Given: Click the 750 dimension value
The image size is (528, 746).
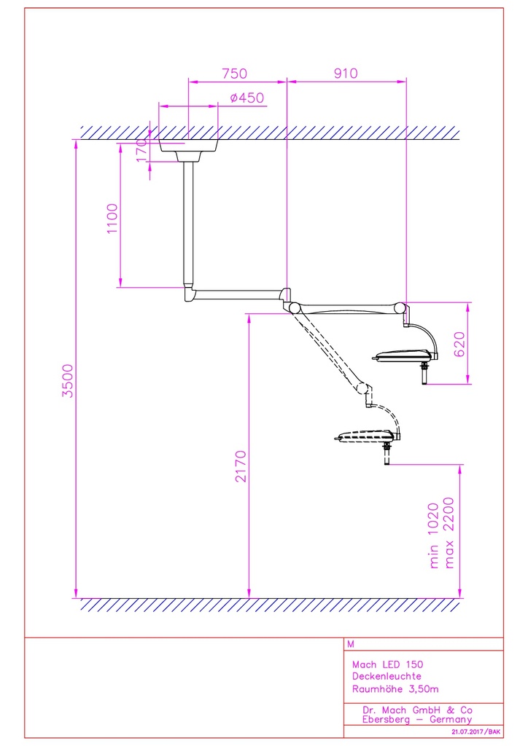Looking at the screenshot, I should [234, 73].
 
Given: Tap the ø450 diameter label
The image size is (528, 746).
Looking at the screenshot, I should [246, 98].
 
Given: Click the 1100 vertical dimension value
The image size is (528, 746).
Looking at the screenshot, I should [112, 219].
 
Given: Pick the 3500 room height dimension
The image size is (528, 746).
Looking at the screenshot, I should [69, 380].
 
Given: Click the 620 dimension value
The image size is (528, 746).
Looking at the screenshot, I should [459, 342].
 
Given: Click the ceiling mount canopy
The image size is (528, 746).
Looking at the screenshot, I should [188, 150].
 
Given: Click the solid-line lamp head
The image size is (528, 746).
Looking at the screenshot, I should [405, 356].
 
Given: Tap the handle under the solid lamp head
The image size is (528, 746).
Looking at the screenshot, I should [422, 376].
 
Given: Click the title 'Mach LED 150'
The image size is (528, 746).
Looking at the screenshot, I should [387, 664].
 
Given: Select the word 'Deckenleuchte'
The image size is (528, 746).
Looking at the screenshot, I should [387, 676].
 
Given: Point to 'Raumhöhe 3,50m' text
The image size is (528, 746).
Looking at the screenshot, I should [395, 688].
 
